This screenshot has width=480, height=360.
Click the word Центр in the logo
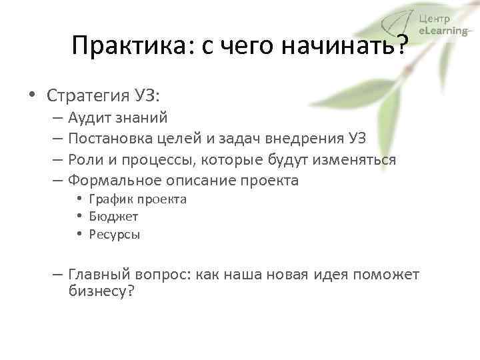435,19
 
